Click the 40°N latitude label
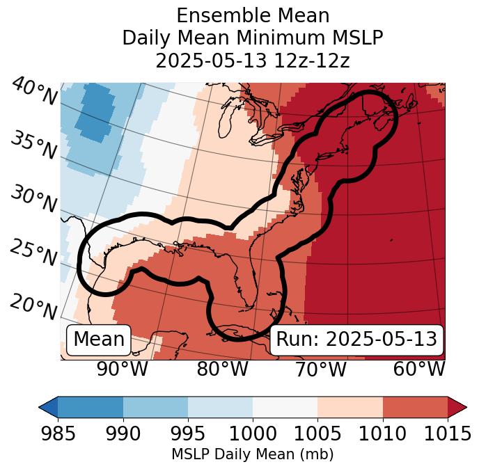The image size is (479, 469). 33,92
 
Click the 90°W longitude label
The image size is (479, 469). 122,369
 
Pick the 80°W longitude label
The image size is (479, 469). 223,369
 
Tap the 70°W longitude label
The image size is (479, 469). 320,369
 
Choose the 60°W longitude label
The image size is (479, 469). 419,369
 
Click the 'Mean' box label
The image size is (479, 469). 99,340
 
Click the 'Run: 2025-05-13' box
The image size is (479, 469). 356,340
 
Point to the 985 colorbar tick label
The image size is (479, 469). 58,434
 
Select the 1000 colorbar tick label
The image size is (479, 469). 253,434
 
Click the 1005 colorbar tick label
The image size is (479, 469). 317,434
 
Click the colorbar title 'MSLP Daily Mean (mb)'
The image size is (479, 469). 252,454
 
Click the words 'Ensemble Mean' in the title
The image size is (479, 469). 252,15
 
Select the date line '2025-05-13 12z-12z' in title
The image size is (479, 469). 252,61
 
